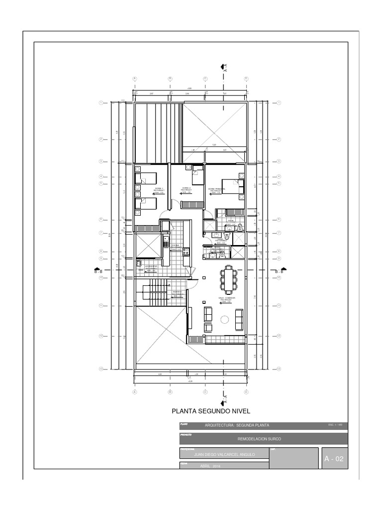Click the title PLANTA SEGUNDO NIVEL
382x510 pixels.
[x=207, y=411]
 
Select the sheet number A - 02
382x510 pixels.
[x=333, y=459]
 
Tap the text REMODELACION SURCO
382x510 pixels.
[x=259, y=439]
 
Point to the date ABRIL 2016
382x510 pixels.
[x=208, y=466]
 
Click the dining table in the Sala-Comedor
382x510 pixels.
[x=228, y=279]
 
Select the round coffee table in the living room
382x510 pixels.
[x=224, y=319]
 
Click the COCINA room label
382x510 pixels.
[x=175, y=246]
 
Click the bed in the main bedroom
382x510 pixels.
[x=232, y=186]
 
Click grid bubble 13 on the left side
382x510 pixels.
[x=101, y=369]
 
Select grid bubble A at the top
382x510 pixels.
[x=134, y=79]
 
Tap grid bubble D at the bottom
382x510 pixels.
[x=246, y=392]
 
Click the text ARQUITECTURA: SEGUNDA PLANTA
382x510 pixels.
[x=237, y=425]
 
